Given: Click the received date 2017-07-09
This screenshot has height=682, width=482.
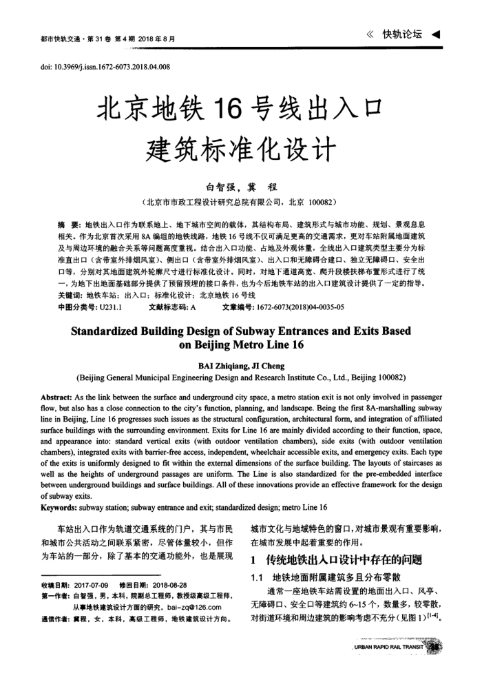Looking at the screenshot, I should pos(94,585).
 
